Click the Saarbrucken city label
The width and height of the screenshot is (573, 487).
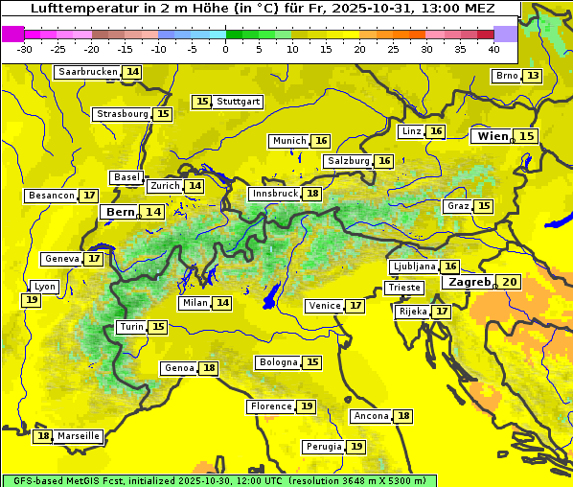click(x=88, y=72)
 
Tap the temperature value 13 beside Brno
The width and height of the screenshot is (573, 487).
click(x=533, y=76)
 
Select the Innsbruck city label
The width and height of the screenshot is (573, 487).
click(x=275, y=194)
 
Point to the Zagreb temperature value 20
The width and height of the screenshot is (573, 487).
click(x=509, y=282)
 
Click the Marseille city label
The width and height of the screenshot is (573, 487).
click(x=78, y=436)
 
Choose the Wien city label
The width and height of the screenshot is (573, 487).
click(x=493, y=136)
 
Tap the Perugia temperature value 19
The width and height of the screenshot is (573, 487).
click(x=356, y=447)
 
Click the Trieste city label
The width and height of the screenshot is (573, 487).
click(x=403, y=288)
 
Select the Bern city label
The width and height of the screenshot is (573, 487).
click(x=121, y=212)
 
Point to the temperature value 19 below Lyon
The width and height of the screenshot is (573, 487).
click(x=32, y=300)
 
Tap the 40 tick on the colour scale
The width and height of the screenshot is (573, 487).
click(x=493, y=48)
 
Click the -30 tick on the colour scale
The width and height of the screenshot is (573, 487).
click(x=25, y=48)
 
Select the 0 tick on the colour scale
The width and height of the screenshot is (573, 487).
click(x=226, y=48)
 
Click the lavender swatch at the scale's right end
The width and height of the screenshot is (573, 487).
click(x=505, y=34)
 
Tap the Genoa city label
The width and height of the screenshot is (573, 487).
click(x=179, y=368)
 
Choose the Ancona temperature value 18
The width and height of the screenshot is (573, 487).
click(x=403, y=416)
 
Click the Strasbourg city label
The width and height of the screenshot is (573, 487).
click(x=123, y=114)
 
